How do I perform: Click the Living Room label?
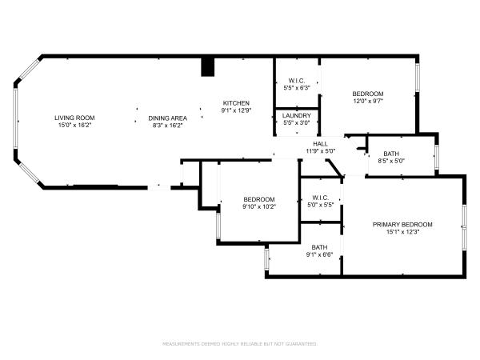click(x=74, y=118)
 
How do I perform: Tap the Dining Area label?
click(x=167, y=118)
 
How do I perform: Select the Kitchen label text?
click(x=236, y=102)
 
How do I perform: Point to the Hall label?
click(x=320, y=143)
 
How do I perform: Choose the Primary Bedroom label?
click(x=402, y=224)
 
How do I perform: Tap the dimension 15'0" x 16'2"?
click(x=74, y=125)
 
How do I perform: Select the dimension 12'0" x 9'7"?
click(x=368, y=101)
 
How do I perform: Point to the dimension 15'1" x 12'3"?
click(x=402, y=231)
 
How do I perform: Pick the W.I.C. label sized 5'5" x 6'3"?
click(x=298, y=81)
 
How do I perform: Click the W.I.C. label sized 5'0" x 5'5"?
click(x=320, y=198)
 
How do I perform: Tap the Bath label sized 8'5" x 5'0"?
click(x=391, y=154)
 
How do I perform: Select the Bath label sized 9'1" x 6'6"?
click(x=320, y=247)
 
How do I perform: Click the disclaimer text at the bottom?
click(x=240, y=343)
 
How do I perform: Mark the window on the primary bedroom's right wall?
click(x=464, y=227)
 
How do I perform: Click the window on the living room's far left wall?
click(x=14, y=118)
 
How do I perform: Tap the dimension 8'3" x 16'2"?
click(x=167, y=125)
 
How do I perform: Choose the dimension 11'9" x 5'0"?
click(x=320, y=150)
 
